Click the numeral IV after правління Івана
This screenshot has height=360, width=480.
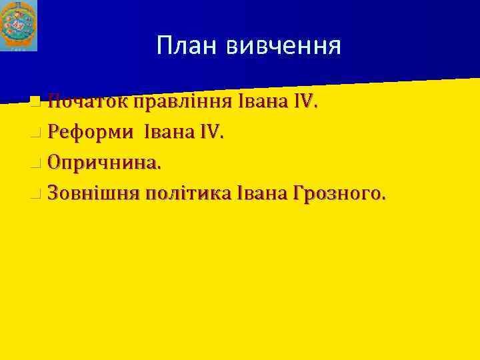click(x=304, y=103)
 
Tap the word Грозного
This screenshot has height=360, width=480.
click(x=337, y=194)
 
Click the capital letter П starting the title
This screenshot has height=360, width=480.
click(x=165, y=46)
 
